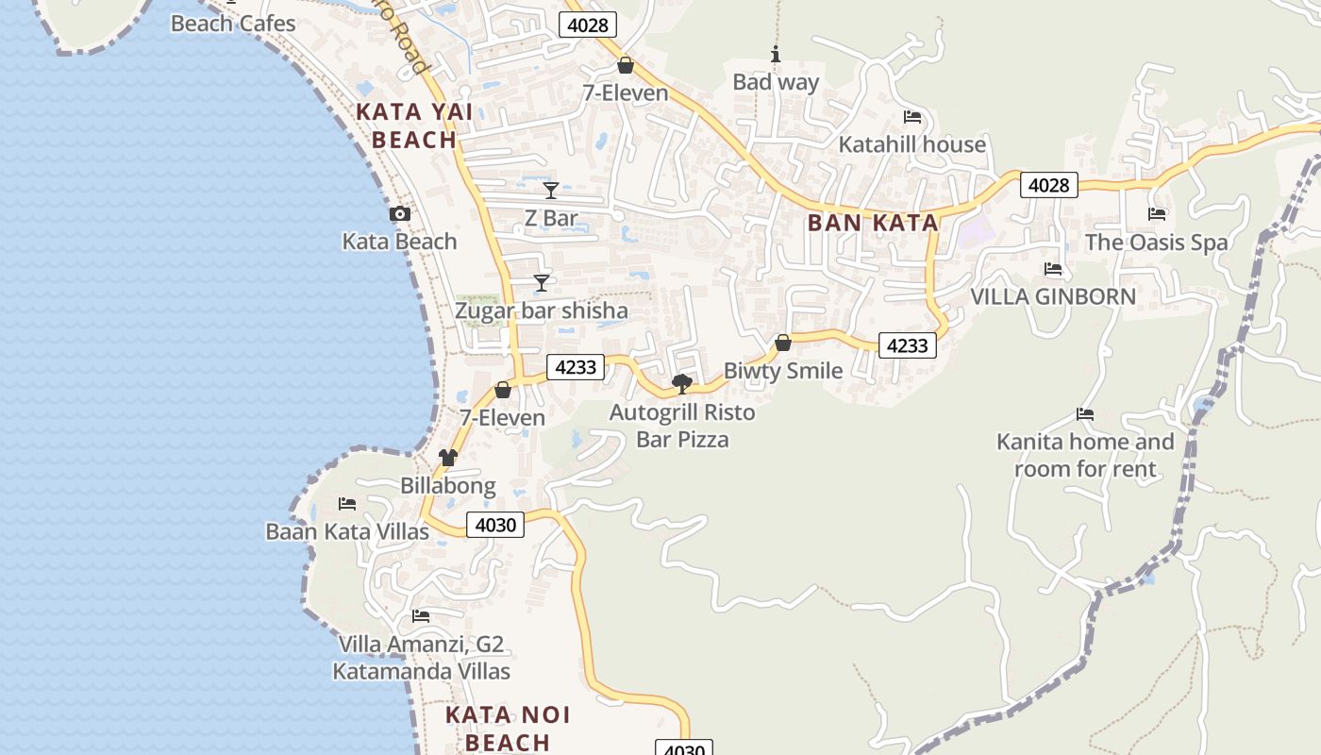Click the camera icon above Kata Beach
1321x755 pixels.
pyautogui.click(x=400, y=214)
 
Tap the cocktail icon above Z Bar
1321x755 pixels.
pyautogui.click(x=551, y=191)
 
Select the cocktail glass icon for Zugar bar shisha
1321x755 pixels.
pyautogui.click(x=541, y=282)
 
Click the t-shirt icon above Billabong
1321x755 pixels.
pyautogui.click(x=447, y=458)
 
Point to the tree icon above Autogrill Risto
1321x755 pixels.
pyautogui.click(x=681, y=383)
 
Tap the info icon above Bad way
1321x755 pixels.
pyautogui.click(x=776, y=55)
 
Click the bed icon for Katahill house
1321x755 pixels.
pyautogui.click(x=912, y=117)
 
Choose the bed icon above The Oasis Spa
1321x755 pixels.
pyautogui.click(x=1157, y=214)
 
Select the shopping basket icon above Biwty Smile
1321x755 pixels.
pyautogui.click(x=782, y=343)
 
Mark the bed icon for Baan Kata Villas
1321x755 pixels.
pyautogui.click(x=347, y=504)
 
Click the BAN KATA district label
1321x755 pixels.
pyautogui.click(x=873, y=223)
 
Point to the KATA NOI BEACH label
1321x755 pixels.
pyautogui.click(x=508, y=728)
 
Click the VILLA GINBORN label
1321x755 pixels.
pyautogui.click(x=1053, y=296)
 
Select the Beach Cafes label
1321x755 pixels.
pyautogui.click(x=233, y=24)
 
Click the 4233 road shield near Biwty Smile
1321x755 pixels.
pyautogui.click(x=907, y=345)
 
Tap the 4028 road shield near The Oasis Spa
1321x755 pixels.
pyautogui.click(x=1048, y=185)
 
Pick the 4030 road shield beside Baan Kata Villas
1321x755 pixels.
pyautogui.click(x=495, y=525)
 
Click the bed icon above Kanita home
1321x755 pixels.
pyautogui.click(x=1085, y=413)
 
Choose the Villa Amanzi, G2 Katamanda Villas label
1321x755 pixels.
pyautogui.click(x=421, y=658)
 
